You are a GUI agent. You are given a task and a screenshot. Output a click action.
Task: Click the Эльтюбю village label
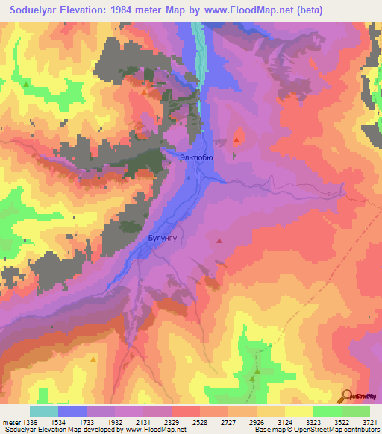pos(197,157)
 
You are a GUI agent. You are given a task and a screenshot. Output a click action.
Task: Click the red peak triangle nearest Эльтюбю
pos(237,139)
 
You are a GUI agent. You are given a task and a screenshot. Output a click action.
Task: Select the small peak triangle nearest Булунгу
pos(219,240)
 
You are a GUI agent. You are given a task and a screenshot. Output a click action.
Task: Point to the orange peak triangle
pos(93,359)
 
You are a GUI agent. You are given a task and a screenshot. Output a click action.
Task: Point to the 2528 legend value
pos(200,422)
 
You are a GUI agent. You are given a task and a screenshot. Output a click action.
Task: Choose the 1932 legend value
pos(115,422)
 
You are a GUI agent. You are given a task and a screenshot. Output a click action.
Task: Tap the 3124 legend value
pos(284,422)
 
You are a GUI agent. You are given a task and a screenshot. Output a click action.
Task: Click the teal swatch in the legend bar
pos(44,411)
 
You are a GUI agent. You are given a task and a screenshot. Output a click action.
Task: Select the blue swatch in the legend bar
pos(72,411)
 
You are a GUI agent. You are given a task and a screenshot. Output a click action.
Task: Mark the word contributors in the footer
pos(361,430)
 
